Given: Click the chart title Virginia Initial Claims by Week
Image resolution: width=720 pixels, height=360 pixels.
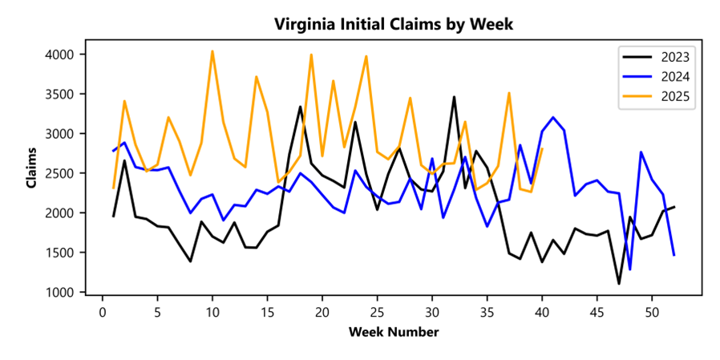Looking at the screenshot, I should [x=393, y=24].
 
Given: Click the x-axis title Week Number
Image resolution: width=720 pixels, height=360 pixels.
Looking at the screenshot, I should [x=393, y=331].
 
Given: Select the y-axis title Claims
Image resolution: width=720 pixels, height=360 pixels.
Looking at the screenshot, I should [x=32, y=173].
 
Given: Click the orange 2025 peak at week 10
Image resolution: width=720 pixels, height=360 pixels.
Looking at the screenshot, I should [x=212, y=51].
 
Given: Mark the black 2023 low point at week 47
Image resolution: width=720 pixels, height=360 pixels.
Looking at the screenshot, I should [x=619, y=283].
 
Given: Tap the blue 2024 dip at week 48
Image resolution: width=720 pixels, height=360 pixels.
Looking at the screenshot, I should [x=630, y=269].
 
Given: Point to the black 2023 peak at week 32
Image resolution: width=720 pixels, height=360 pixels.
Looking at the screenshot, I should [x=454, y=97].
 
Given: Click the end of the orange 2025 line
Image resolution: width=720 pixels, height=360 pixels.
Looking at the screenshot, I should [x=542, y=148].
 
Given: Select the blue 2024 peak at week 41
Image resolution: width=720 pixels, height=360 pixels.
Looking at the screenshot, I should [x=553, y=117].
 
